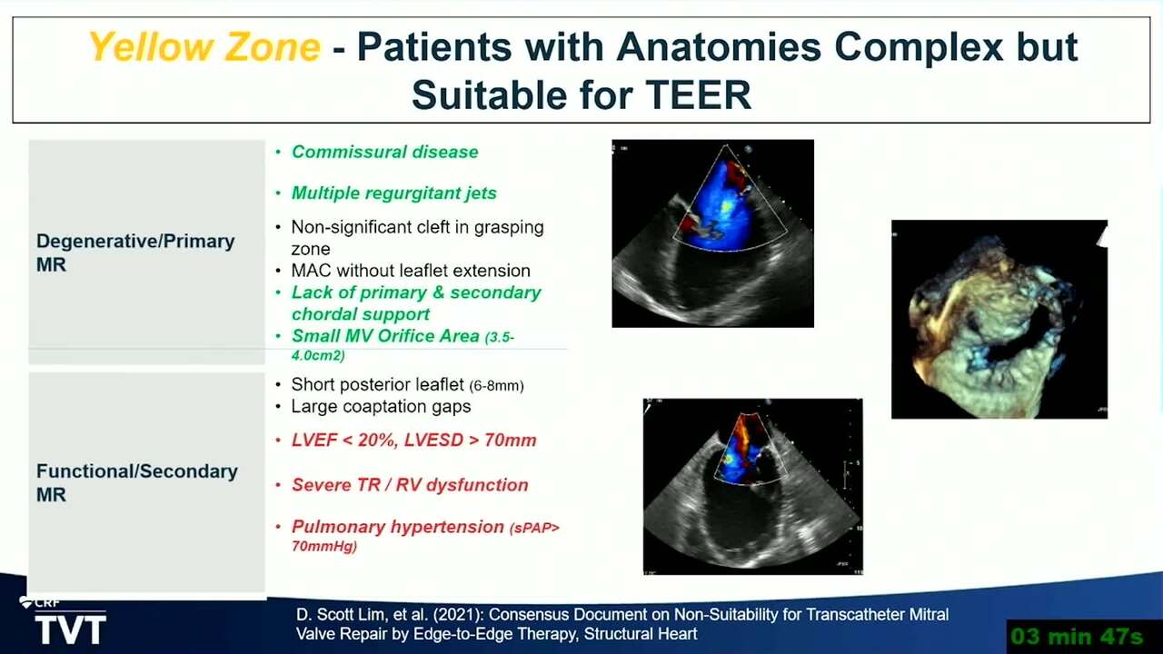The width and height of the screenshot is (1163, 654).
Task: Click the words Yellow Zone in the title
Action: (x=204, y=46)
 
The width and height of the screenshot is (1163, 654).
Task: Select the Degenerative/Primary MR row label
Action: (x=135, y=253)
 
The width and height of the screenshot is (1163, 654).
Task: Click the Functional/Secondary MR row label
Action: (x=136, y=482)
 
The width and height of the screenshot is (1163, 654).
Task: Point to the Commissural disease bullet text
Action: (x=384, y=152)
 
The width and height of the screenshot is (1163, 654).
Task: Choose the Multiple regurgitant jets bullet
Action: (x=393, y=193)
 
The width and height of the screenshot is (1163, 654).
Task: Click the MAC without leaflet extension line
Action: (x=411, y=271)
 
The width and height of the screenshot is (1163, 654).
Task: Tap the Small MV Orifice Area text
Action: (x=385, y=336)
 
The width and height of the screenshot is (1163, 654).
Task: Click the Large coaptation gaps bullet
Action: (x=381, y=406)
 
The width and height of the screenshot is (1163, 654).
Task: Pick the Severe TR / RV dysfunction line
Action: (x=410, y=485)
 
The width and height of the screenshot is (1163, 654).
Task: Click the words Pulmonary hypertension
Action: (x=397, y=527)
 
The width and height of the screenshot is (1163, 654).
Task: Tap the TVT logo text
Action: (x=71, y=629)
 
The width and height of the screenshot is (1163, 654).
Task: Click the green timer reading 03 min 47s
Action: (x=1077, y=637)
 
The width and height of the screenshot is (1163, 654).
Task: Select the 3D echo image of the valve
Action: (x=999, y=319)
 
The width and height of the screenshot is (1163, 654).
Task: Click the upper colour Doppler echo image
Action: (x=713, y=233)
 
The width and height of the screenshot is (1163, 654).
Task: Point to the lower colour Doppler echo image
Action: (x=753, y=486)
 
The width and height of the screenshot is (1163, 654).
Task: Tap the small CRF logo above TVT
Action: (x=41, y=602)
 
